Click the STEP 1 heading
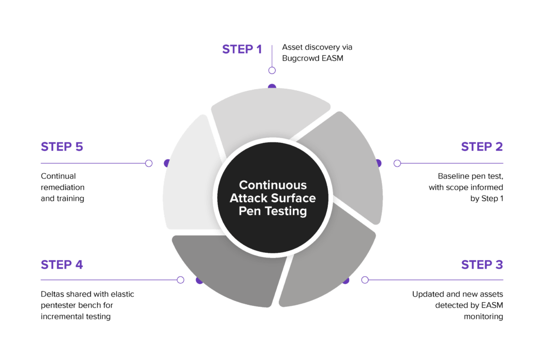click(242, 49)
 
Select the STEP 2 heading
click(482, 147)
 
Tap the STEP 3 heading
click(482, 264)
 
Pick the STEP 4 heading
click(62, 264)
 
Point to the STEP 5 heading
click(62, 147)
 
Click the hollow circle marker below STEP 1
click(272, 70)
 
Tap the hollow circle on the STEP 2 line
click(396, 163)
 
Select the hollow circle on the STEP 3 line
click(365, 280)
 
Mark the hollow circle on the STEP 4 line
click(180, 280)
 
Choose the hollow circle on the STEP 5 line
click(149, 163)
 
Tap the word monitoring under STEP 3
click(484, 317)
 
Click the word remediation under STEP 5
click(63, 187)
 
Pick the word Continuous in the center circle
click(273, 185)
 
